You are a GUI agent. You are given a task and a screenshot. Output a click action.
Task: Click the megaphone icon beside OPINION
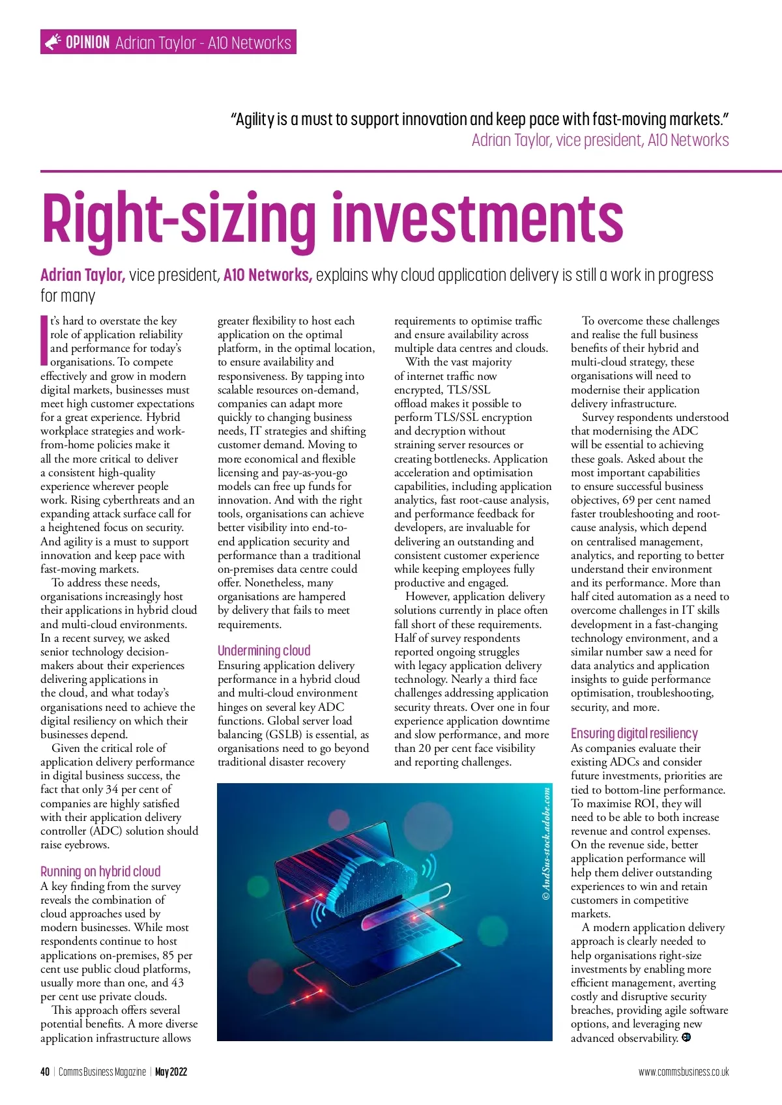52,42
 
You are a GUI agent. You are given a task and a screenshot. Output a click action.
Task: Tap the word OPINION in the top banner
87,42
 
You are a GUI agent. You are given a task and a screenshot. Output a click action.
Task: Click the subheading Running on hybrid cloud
100,872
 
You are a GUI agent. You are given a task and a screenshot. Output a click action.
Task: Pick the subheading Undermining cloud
264,650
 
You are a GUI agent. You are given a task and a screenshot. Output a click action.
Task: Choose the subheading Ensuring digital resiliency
634,734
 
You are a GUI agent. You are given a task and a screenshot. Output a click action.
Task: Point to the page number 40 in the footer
45,1072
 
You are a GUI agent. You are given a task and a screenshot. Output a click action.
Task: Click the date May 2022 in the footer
171,1072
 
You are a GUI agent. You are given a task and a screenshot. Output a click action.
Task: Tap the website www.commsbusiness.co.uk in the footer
684,1072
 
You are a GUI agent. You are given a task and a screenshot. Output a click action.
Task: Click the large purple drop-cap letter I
44,340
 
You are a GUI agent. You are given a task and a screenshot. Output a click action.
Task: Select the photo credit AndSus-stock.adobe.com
546,844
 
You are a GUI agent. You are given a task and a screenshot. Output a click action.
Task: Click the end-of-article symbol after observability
686,1037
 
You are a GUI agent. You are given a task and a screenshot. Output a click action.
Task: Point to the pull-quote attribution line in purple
600,140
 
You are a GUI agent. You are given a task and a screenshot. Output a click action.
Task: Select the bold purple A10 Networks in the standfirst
267,275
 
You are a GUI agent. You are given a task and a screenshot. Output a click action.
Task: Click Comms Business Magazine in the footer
102,1072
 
